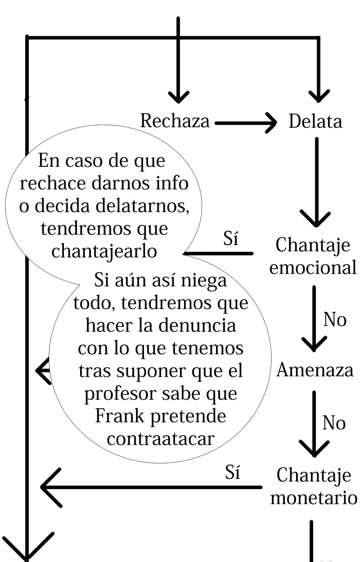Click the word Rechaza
click(x=175, y=121)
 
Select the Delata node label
click(x=315, y=121)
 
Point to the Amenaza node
click(x=315, y=370)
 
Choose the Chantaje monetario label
click(x=314, y=486)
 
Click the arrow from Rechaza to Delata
click(x=245, y=122)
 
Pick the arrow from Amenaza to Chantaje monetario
click(x=314, y=423)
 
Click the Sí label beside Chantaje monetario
click(x=233, y=473)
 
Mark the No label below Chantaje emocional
click(x=335, y=320)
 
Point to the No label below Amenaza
click(x=334, y=423)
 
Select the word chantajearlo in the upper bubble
click(x=104, y=251)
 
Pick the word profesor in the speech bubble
click(x=120, y=393)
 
